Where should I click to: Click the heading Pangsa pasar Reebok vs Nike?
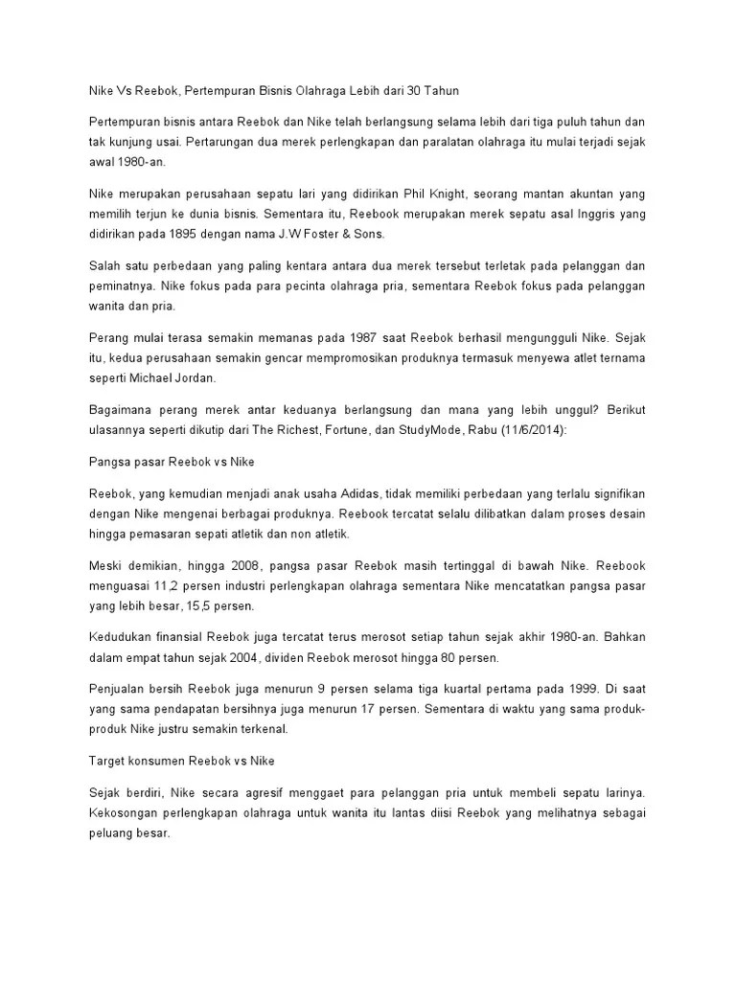tap(172, 461)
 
